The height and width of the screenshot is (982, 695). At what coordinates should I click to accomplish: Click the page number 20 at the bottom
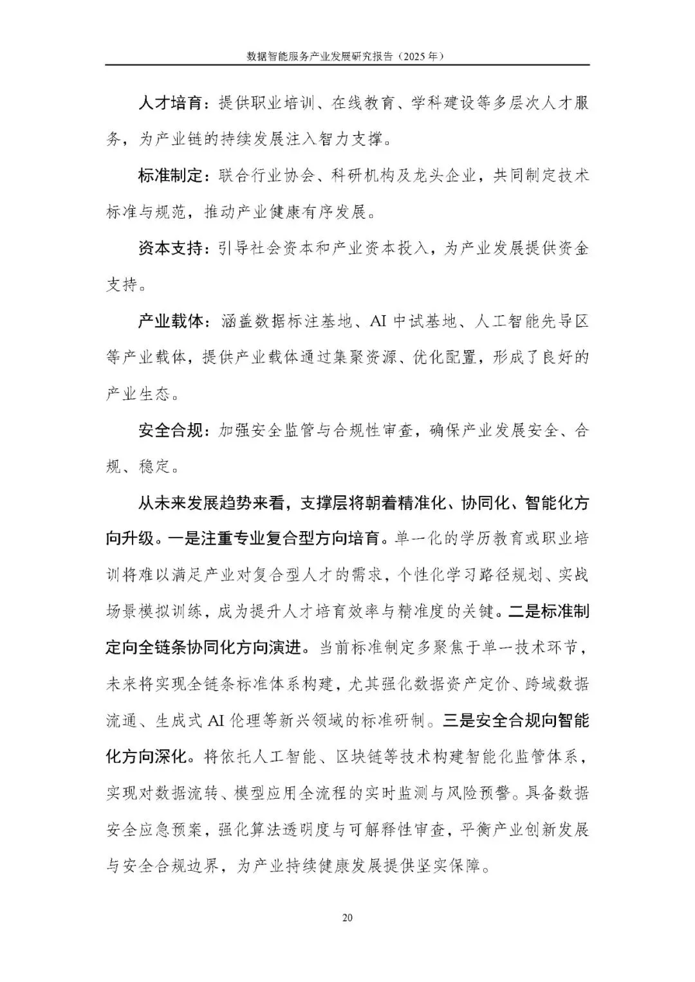[347, 918]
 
